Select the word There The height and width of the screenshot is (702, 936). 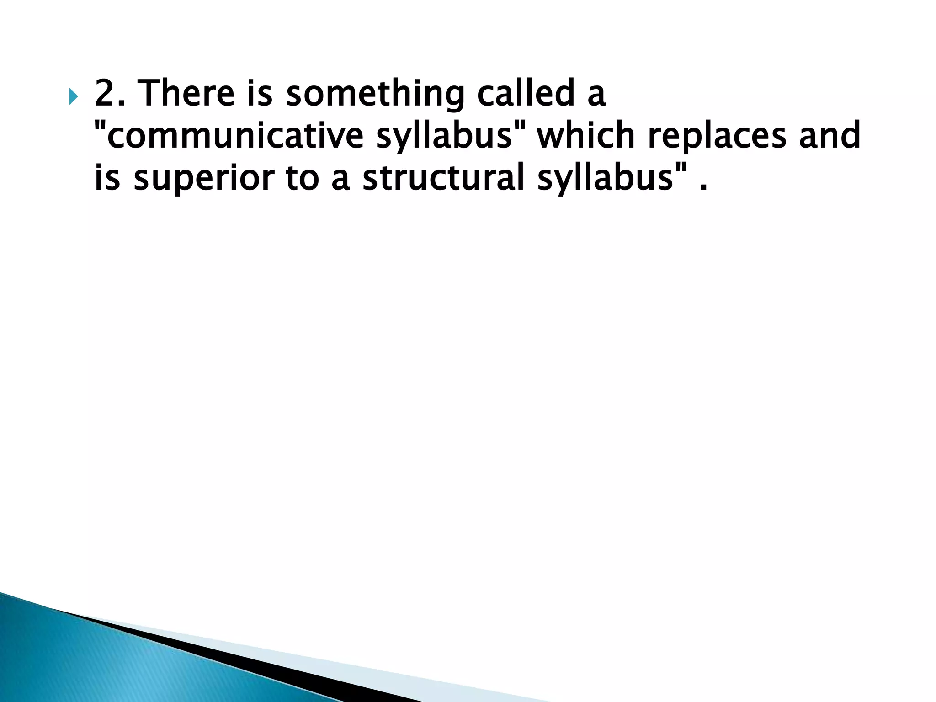186,93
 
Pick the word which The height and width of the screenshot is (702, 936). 586,136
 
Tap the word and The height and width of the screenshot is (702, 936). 830,136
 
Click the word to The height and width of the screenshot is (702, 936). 302,178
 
